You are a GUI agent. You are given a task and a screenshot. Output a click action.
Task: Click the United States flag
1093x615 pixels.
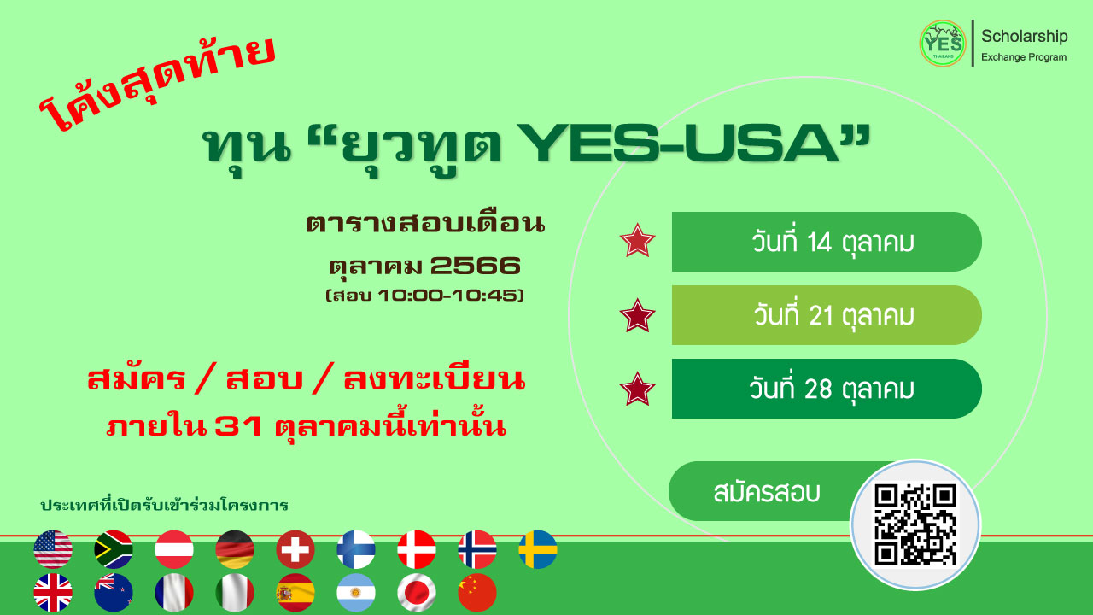(x=53, y=549)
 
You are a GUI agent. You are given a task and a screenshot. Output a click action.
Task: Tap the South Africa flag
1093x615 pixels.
(x=114, y=549)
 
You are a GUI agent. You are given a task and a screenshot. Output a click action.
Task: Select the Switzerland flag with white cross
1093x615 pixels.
(x=295, y=549)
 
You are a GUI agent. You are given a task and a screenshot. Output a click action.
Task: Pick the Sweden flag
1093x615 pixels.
(x=538, y=549)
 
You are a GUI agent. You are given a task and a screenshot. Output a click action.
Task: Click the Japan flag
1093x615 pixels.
(x=417, y=593)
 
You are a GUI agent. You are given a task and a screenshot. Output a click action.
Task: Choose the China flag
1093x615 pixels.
(x=477, y=593)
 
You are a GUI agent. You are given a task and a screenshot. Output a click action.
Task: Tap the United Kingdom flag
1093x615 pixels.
(x=53, y=593)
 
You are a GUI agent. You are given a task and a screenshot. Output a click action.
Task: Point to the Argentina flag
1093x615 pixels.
(x=356, y=593)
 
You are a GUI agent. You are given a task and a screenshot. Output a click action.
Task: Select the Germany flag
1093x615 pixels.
(x=235, y=549)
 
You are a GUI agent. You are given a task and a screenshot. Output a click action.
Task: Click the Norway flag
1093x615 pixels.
(x=477, y=549)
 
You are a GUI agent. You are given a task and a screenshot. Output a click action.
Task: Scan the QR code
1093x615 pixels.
(x=915, y=524)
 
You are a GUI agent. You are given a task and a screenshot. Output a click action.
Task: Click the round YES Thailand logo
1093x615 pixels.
(x=943, y=44)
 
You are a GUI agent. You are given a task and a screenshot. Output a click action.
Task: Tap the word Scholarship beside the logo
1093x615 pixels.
(x=1024, y=37)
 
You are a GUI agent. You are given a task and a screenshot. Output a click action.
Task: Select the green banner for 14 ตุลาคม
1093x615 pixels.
(x=827, y=242)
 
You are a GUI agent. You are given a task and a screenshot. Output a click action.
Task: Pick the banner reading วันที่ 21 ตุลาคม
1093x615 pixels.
(x=827, y=315)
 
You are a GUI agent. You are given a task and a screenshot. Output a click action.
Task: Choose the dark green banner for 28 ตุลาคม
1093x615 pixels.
(x=827, y=389)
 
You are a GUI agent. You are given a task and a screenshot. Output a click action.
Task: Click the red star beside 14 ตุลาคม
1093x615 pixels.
(x=637, y=241)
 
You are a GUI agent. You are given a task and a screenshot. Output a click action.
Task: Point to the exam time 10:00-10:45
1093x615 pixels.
(x=447, y=296)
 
